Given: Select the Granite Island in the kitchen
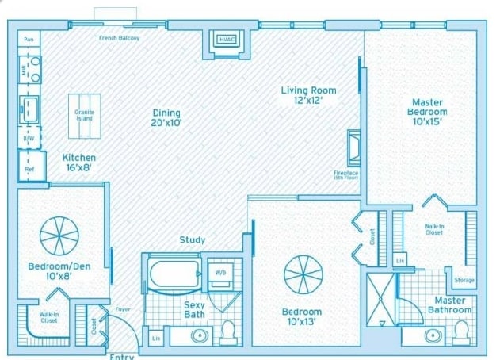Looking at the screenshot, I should pos(84,116).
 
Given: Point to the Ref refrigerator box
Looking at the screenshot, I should pos(30,168).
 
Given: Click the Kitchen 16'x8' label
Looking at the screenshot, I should pos(79,163).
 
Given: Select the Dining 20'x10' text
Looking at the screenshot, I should pos(166,117).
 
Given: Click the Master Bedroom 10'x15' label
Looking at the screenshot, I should pos(428,112).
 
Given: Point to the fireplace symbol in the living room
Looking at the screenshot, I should pos(353,147).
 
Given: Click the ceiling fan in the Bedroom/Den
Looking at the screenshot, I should pos(59,236).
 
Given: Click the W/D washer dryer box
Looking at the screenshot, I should pos(219,274).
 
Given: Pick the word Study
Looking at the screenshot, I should pos(192,239).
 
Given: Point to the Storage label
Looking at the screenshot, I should pos(464,279).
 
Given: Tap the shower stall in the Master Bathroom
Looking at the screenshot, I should pos(381,299).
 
